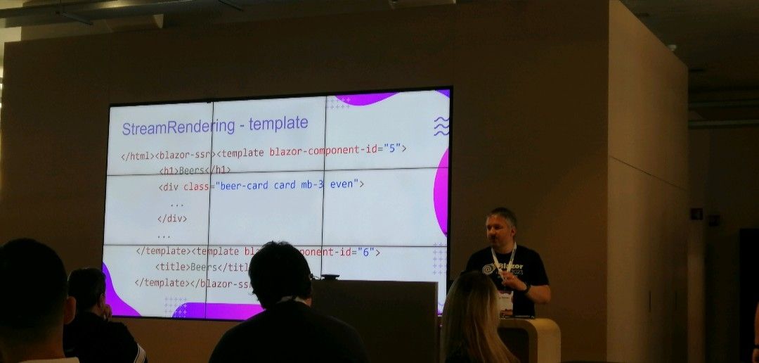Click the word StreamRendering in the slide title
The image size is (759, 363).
point(178,127)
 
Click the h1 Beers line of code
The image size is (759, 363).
point(195,170)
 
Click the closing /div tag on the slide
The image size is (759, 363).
point(172,218)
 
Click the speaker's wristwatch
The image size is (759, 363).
point(526,287)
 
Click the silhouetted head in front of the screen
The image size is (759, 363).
point(280,274)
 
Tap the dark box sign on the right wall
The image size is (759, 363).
point(696,213)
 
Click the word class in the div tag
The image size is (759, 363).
point(197,186)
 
